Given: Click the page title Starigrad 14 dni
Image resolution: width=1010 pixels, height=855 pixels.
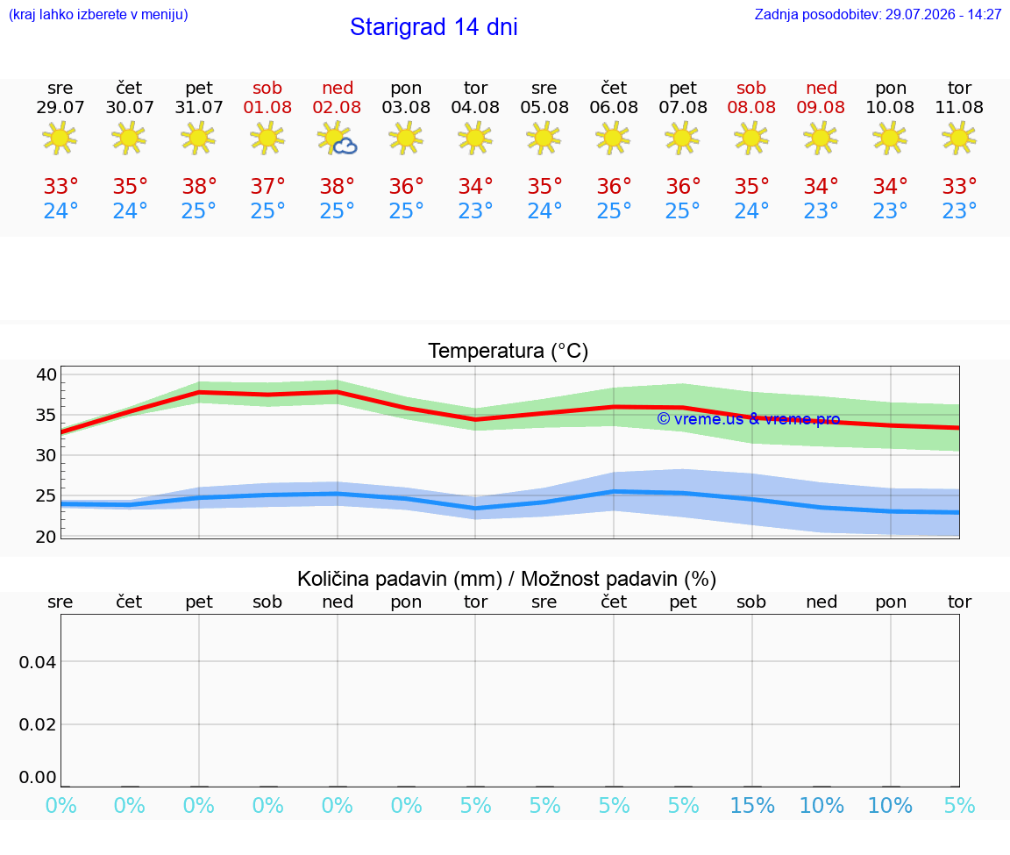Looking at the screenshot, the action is pyautogui.click(x=433, y=27).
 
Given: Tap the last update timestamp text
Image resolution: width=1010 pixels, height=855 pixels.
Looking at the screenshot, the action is pyautogui.click(x=878, y=14).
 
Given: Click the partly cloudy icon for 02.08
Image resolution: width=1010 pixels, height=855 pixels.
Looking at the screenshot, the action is pyautogui.click(x=337, y=139).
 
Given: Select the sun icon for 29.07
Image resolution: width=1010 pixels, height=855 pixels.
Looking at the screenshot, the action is pyautogui.click(x=60, y=138).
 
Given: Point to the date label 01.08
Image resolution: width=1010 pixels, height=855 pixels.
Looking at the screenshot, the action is pyautogui.click(x=267, y=108).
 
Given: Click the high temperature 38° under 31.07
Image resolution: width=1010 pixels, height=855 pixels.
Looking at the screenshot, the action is pyautogui.click(x=199, y=186).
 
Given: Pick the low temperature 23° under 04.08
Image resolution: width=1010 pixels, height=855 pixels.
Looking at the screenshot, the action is pyautogui.click(x=475, y=210).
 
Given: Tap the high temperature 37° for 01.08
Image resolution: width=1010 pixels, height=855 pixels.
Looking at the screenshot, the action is pyautogui.click(x=268, y=186).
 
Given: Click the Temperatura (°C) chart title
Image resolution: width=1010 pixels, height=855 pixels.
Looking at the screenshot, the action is pyautogui.click(x=509, y=351).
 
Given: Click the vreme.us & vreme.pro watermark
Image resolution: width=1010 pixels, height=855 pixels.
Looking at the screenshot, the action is pyautogui.click(x=749, y=419).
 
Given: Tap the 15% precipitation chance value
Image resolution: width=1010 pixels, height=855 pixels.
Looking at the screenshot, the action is pyautogui.click(x=751, y=805).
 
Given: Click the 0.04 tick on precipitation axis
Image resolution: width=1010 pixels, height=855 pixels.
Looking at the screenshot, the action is pyautogui.click(x=38, y=662).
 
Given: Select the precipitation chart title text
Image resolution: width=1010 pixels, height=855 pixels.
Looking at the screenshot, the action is pyautogui.click(x=507, y=579).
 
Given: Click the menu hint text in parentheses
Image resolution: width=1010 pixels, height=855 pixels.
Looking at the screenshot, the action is pyautogui.click(x=98, y=14).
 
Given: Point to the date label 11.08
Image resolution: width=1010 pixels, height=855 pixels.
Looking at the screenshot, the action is pyautogui.click(x=959, y=108).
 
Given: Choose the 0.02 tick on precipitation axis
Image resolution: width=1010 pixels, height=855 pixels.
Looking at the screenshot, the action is pyautogui.click(x=38, y=724).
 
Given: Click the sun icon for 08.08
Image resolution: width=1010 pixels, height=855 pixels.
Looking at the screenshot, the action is pyautogui.click(x=751, y=138).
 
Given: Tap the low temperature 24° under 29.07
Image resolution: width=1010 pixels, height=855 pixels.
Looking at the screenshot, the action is pyautogui.click(x=60, y=210).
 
